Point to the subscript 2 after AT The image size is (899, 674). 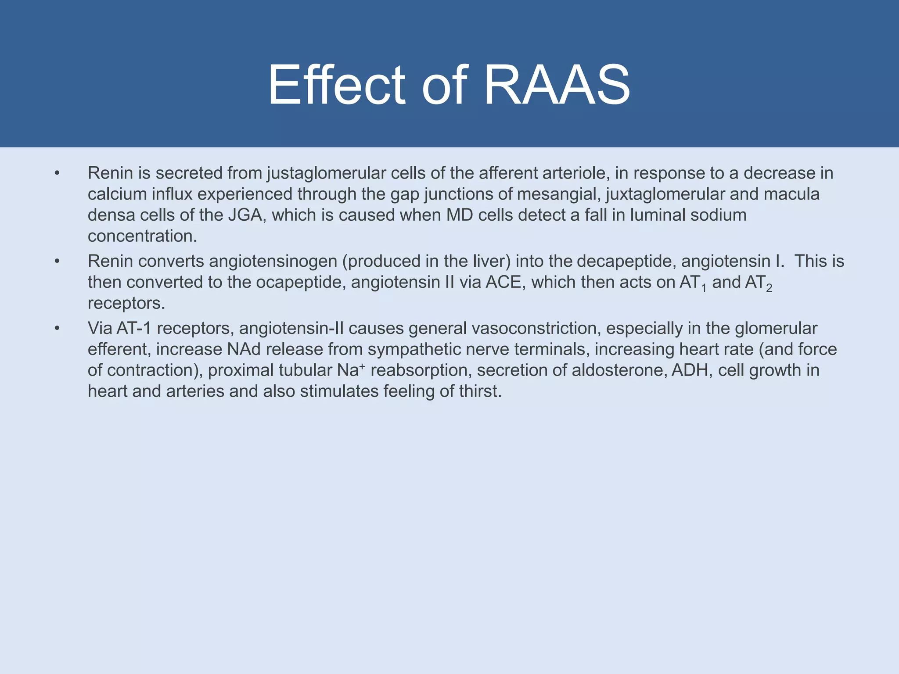769,289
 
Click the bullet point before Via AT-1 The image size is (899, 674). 57,329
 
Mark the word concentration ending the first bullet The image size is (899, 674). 142,237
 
